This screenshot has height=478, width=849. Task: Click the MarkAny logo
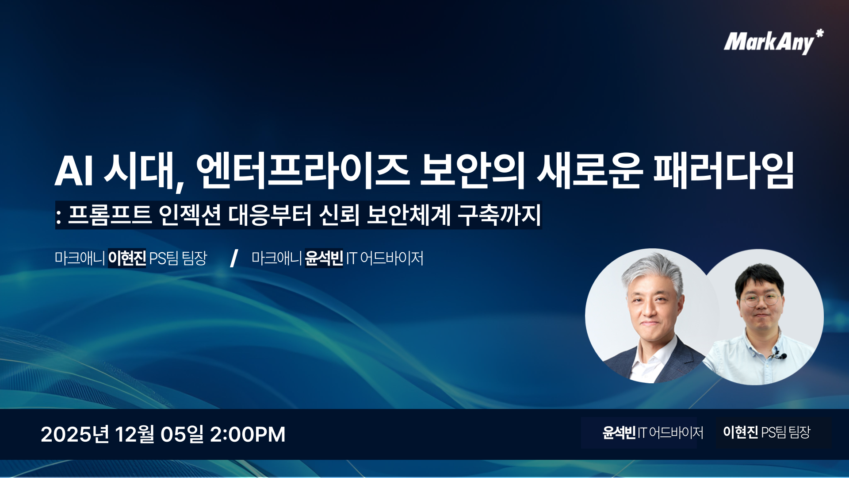pyautogui.click(x=769, y=42)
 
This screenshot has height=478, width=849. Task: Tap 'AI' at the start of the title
pyautogui.click(x=73, y=171)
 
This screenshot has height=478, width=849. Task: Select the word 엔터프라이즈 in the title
pyautogui.click(x=302, y=170)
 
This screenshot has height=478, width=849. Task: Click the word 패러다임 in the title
pyautogui.click(x=723, y=170)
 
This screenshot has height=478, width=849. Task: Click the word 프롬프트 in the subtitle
pyautogui.click(x=110, y=215)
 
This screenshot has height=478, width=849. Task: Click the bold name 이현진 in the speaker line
pyautogui.click(x=127, y=258)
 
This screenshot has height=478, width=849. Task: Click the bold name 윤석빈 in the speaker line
pyautogui.click(x=324, y=258)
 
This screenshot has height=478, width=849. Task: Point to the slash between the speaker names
pyautogui.click(x=234, y=258)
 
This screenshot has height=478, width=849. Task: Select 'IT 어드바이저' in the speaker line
pyautogui.click(x=385, y=258)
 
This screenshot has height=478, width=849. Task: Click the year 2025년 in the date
pyautogui.click(x=75, y=434)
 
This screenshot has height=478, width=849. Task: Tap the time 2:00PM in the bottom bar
pyautogui.click(x=247, y=434)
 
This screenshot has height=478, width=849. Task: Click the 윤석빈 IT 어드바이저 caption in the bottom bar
pyautogui.click(x=652, y=432)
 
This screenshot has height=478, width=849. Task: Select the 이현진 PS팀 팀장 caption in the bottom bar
pyautogui.click(x=766, y=432)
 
